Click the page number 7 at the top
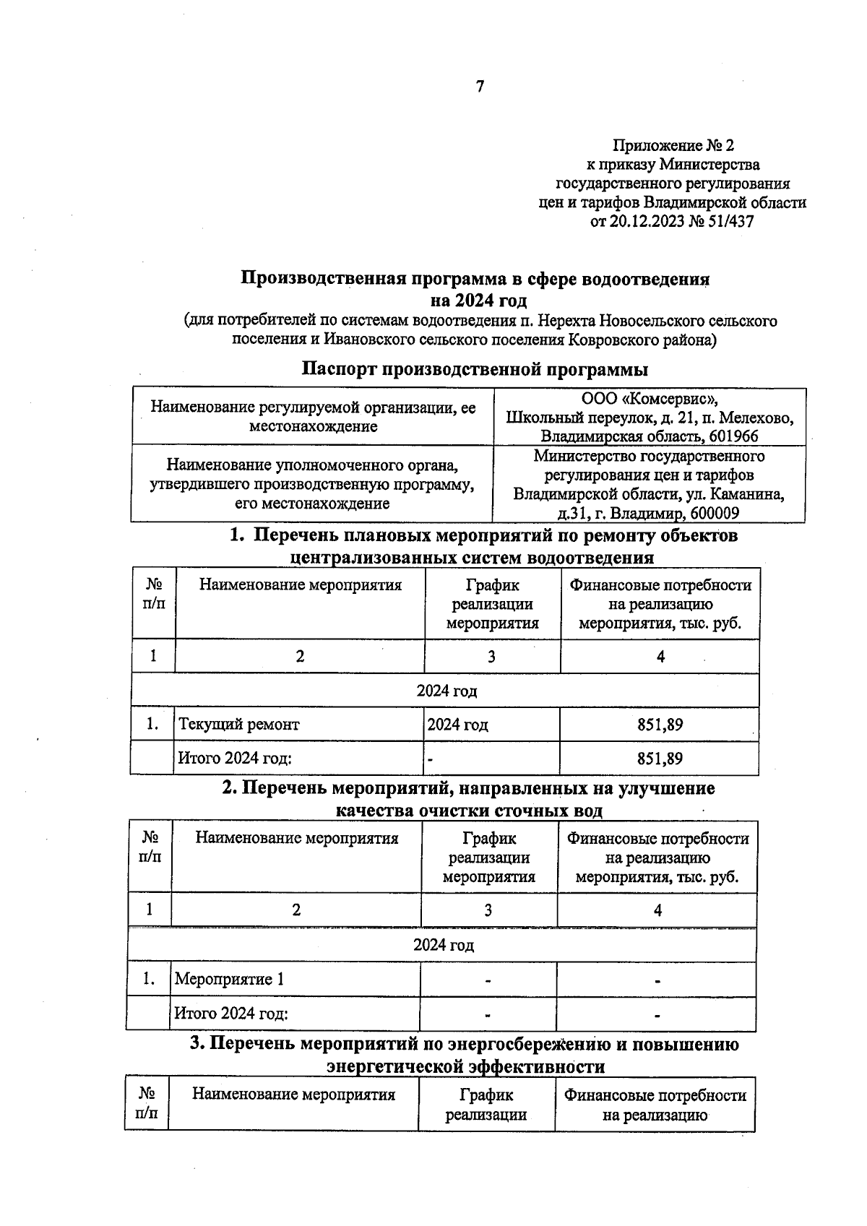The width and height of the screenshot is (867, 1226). pyautogui.click(x=480, y=87)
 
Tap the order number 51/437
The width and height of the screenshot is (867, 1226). pyautogui.click(x=730, y=222)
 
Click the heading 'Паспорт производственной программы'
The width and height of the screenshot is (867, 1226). pyautogui.click(x=474, y=370)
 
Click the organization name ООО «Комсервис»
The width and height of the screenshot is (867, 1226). pyautogui.click(x=650, y=399)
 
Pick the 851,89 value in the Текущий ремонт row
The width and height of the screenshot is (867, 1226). pyautogui.click(x=660, y=724)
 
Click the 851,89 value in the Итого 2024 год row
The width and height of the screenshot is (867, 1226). pyautogui.click(x=660, y=759)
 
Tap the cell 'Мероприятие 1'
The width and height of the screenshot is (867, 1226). pyautogui.click(x=230, y=979)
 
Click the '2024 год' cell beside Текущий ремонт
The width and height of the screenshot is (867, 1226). pyautogui.click(x=457, y=724)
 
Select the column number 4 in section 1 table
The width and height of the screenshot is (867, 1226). pyautogui.click(x=660, y=656)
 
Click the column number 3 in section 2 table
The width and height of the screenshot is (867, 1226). pyautogui.click(x=488, y=910)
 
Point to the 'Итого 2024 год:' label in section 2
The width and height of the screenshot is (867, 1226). pyautogui.click(x=231, y=1013)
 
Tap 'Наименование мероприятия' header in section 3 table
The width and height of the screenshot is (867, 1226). pyautogui.click(x=293, y=1095)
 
